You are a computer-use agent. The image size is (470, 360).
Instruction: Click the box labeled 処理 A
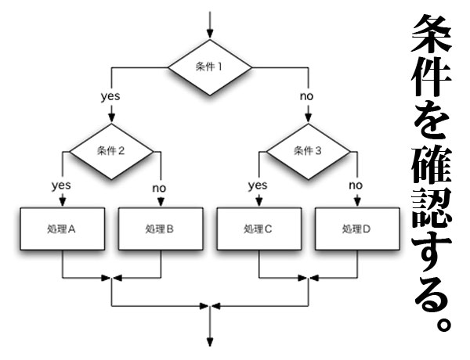click(x=61, y=230)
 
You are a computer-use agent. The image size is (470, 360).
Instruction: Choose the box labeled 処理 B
click(x=160, y=230)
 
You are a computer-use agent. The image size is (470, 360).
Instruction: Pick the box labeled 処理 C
click(x=258, y=230)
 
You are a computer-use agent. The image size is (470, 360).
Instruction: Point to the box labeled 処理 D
click(x=356, y=230)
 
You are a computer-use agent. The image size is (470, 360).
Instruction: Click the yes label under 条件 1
click(x=110, y=96)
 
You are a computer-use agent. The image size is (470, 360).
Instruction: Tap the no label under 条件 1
click(x=306, y=96)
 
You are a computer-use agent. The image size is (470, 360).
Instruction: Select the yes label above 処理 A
click(x=61, y=185)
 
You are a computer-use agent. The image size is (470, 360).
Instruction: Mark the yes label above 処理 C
click(x=258, y=185)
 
